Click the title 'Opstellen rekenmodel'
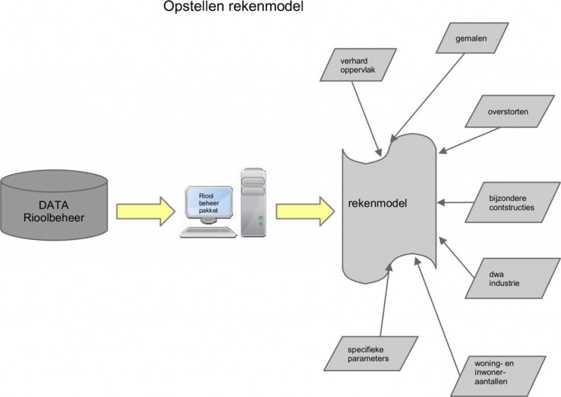pyautogui.click(x=233, y=8)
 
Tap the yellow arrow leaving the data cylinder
pyautogui.click(x=145, y=211)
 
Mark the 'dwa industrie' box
pyautogui.click(x=505, y=279)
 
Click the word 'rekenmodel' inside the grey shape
pyautogui.click(x=377, y=203)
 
